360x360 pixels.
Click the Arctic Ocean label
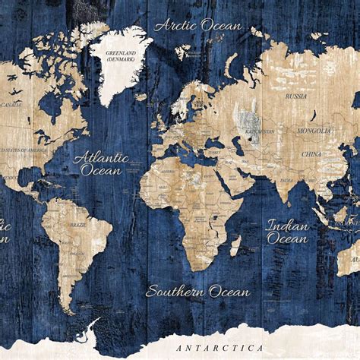tap(198, 25)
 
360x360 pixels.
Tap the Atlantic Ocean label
tap(101, 164)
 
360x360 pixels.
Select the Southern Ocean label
tap(197, 291)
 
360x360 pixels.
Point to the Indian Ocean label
tap(287, 232)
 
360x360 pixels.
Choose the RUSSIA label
tap(295, 96)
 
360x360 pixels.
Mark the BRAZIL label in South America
tap(77, 226)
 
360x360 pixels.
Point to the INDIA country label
tap(285, 180)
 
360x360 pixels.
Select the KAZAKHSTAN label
tap(260, 131)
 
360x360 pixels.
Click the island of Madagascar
tap(235, 245)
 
